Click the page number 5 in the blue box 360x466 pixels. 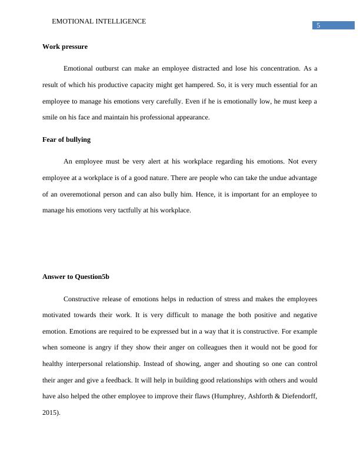click(x=318, y=25)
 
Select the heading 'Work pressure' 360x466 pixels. click(x=65, y=46)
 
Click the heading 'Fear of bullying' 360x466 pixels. click(x=66, y=140)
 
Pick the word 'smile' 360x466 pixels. click(x=51, y=117)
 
